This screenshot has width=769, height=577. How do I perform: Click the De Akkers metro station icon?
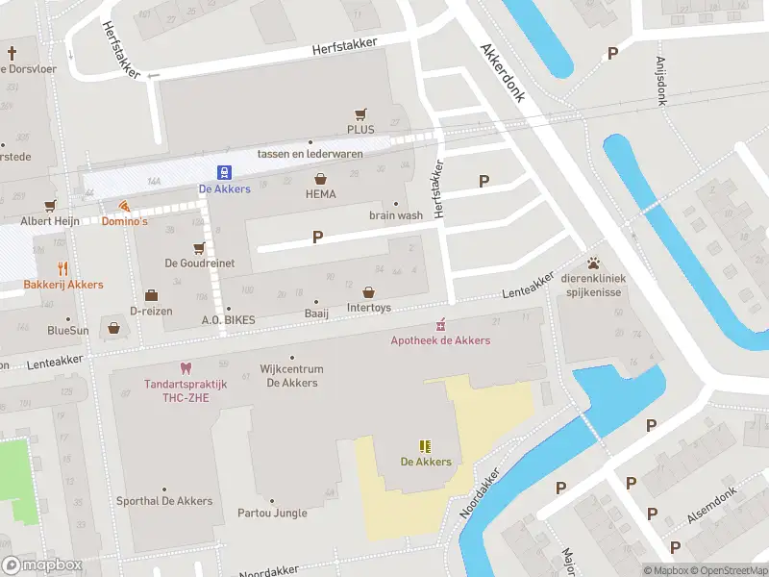pyautogui.click(x=223, y=173)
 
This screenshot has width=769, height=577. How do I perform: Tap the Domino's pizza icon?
pyautogui.click(x=124, y=206)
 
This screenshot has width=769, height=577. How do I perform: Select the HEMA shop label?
pyautogui.click(x=320, y=194)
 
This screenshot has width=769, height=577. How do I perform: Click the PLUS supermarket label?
pyautogui.click(x=360, y=129)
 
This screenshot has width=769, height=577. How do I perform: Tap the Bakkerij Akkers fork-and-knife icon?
pyautogui.click(x=63, y=269)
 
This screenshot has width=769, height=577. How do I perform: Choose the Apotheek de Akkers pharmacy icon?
pyautogui.click(x=441, y=324)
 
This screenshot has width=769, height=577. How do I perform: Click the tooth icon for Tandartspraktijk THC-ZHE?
pyautogui.click(x=185, y=368)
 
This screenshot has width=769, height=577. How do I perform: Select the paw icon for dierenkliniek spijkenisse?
pyautogui.click(x=594, y=263)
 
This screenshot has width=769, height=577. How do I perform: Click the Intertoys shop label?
pyautogui.click(x=368, y=309)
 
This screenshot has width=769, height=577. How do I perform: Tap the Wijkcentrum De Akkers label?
pyautogui.click(x=292, y=376)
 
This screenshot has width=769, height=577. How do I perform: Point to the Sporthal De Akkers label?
pyautogui.click(x=163, y=501)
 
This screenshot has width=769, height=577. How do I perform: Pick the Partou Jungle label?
pyautogui.click(x=272, y=513)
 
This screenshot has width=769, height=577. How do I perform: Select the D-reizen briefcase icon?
pyautogui.click(x=151, y=295)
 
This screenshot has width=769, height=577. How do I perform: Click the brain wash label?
pyautogui.click(x=395, y=216)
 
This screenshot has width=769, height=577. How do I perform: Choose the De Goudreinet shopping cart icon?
pyautogui.click(x=199, y=247)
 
